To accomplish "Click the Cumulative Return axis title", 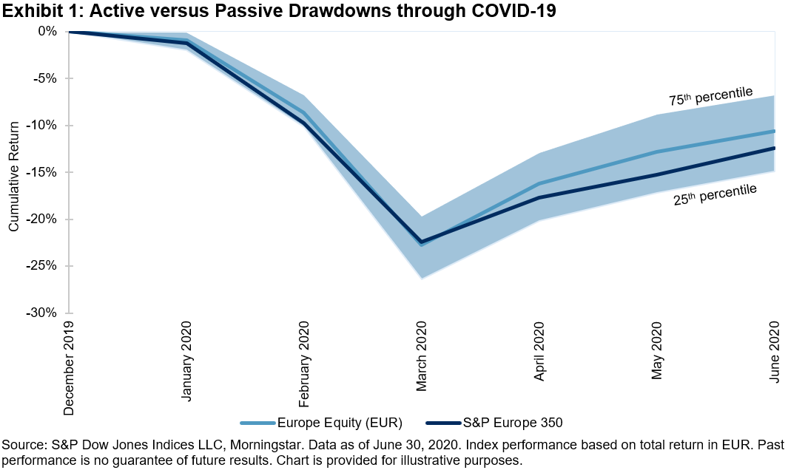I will pos(13,171).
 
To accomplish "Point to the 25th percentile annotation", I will pos(715,194).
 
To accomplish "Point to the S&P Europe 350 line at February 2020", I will pos(304,123).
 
